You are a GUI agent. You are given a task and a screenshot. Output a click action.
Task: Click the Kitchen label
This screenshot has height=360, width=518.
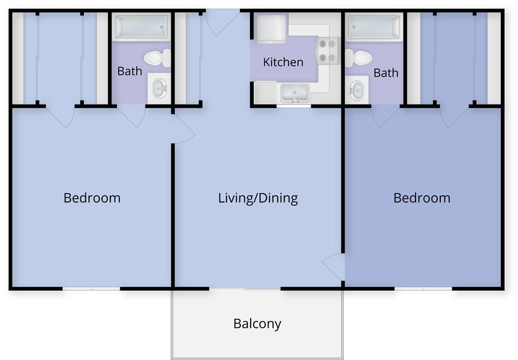(283, 62)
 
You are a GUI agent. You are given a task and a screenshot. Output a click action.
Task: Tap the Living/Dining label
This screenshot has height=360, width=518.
(258, 198)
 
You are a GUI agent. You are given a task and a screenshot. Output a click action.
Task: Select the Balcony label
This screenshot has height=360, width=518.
(257, 324)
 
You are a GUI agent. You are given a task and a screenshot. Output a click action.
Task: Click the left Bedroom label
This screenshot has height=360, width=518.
(92, 198)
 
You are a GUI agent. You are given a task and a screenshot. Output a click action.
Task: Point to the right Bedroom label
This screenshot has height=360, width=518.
(422, 198)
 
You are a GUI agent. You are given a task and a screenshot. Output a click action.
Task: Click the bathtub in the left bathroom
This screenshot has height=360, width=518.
(141, 27)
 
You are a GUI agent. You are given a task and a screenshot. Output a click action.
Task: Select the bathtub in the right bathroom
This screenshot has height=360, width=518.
(374, 27)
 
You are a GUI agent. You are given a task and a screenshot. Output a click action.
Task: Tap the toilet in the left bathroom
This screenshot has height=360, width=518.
(158, 57)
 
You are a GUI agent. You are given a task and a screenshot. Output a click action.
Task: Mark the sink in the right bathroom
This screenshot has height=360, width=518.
(356, 91)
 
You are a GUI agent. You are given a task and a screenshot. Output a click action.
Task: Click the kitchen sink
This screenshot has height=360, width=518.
(295, 94)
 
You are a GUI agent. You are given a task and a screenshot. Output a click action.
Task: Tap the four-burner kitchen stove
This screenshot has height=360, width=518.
(327, 51)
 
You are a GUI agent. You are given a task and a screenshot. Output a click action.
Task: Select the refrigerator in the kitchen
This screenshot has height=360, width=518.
(271, 27)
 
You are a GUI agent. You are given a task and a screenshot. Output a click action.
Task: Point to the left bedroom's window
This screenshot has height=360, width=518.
(91, 288)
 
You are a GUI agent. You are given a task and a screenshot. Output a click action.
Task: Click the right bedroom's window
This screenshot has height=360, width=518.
(423, 288)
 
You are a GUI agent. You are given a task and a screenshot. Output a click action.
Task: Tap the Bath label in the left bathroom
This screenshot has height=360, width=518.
(129, 71)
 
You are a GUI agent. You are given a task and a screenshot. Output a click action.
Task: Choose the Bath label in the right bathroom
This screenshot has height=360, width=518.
(386, 73)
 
